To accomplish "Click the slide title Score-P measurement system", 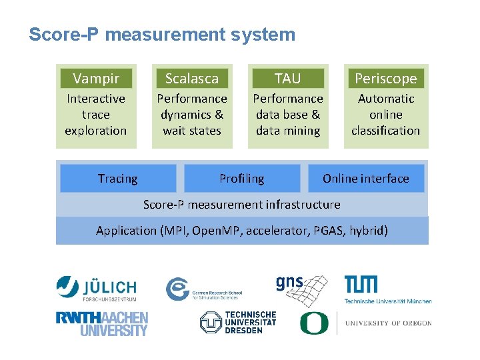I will [162, 35].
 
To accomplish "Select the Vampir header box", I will [96, 79].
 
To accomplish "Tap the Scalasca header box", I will [192, 79].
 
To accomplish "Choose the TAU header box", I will [288, 79].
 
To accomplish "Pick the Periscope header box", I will [385, 79].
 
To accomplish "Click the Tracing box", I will [118, 179].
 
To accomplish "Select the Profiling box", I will [241, 179].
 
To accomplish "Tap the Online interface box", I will [366, 179].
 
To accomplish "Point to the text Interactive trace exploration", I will [96, 115].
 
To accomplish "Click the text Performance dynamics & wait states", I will [192, 115].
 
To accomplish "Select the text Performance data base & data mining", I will [288, 115].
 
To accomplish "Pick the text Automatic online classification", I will [385, 115].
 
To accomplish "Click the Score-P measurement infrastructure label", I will [241, 205].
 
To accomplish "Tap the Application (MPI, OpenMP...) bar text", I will [241, 231].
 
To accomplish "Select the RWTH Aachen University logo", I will [102, 323].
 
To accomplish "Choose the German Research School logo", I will [203, 289].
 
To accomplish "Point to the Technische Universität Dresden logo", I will [238, 323].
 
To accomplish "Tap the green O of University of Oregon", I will [313, 323].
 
